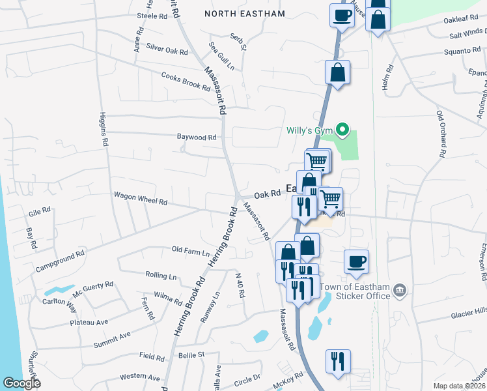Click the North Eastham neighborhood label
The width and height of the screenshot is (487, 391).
click(245, 13)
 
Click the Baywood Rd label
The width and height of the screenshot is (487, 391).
click(197, 138)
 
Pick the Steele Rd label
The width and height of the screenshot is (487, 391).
click(152, 16)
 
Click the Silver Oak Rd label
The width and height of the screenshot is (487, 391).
click(167, 48)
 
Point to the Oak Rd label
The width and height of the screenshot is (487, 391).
click(267, 194)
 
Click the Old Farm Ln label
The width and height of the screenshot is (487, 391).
click(191, 250)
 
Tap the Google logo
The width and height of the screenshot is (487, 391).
click(21, 383)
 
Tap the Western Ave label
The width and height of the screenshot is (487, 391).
click(140, 377)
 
